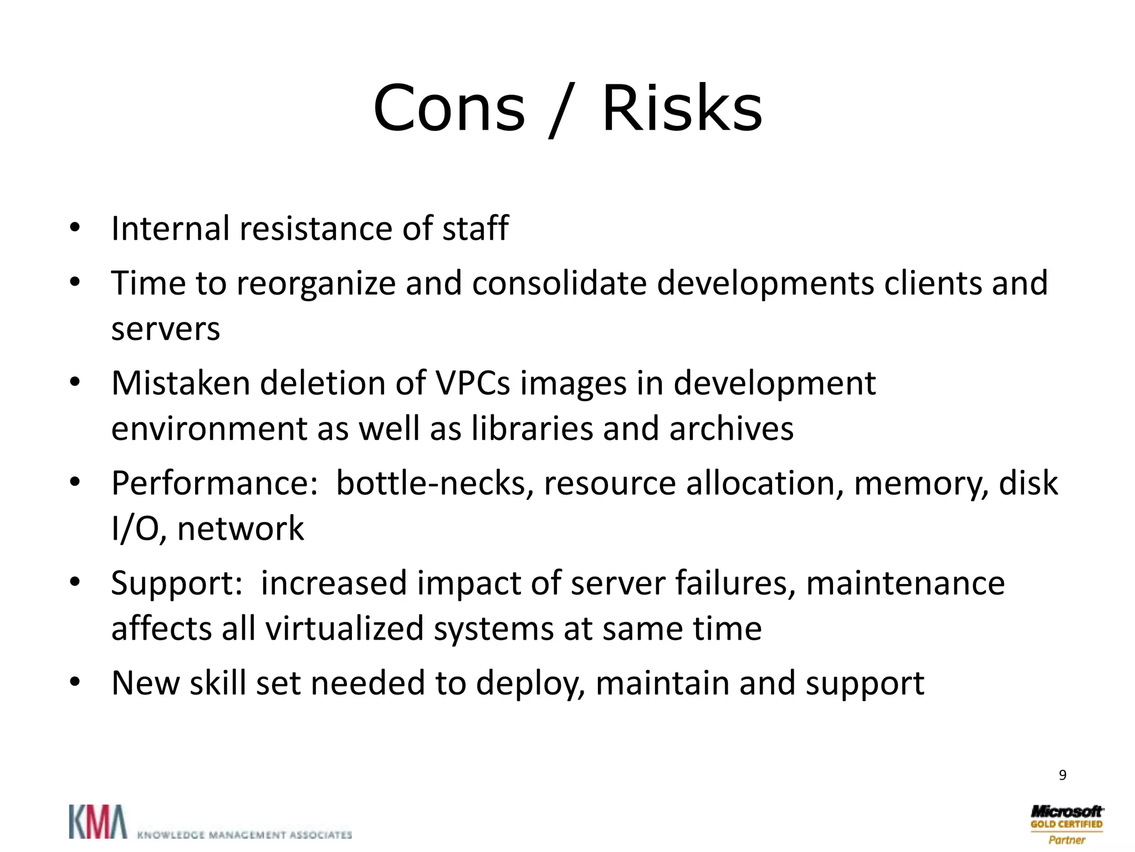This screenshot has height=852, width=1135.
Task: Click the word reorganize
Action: click(x=315, y=284)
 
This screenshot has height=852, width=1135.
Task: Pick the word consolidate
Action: click(x=559, y=283)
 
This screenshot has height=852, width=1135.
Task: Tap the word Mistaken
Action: click(x=181, y=383)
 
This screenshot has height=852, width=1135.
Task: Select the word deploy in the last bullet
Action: click(x=531, y=684)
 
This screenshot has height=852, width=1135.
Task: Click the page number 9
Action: click(x=1062, y=775)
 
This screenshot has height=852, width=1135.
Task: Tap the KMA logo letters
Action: click(x=98, y=822)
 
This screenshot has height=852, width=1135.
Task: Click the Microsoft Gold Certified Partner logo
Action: click(x=1066, y=824)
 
